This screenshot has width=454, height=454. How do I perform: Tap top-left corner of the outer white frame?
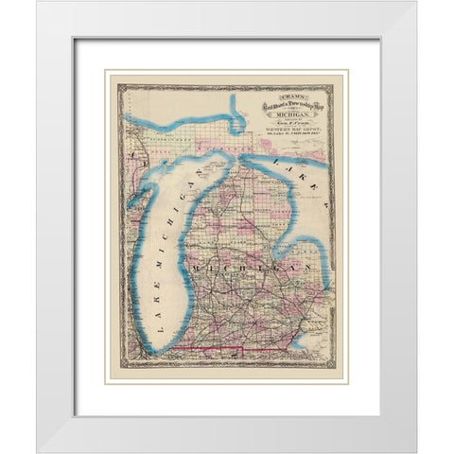pos(38,3)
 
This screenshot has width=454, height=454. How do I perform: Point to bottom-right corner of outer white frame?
pos(415,450)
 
